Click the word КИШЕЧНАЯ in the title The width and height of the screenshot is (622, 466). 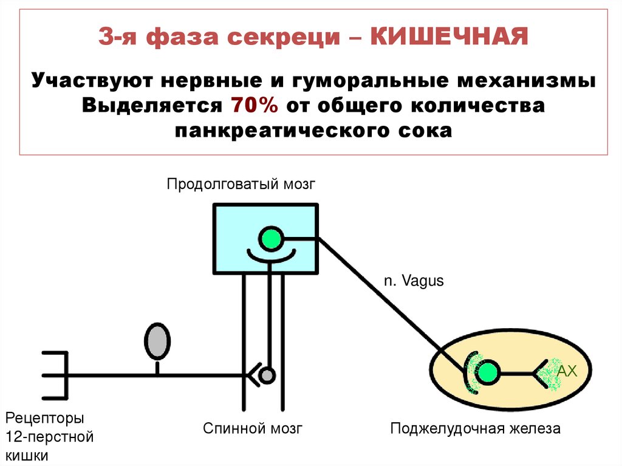point(449,38)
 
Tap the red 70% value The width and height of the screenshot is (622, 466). point(254,105)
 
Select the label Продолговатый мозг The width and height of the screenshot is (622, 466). point(242,183)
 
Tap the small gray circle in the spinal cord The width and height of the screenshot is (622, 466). point(267,375)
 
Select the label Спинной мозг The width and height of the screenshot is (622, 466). point(253,428)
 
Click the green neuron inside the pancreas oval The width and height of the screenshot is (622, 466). point(487,372)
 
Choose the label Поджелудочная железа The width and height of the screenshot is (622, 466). point(475,428)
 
